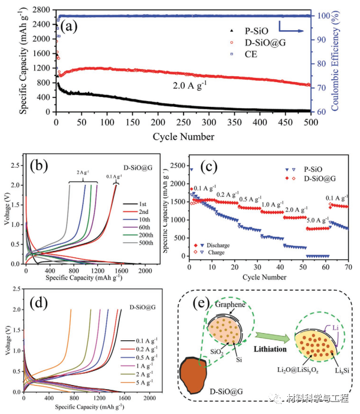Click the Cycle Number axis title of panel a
[x=182, y=137]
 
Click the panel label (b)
[x=42, y=167]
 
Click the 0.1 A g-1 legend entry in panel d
[x=143, y=324]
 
